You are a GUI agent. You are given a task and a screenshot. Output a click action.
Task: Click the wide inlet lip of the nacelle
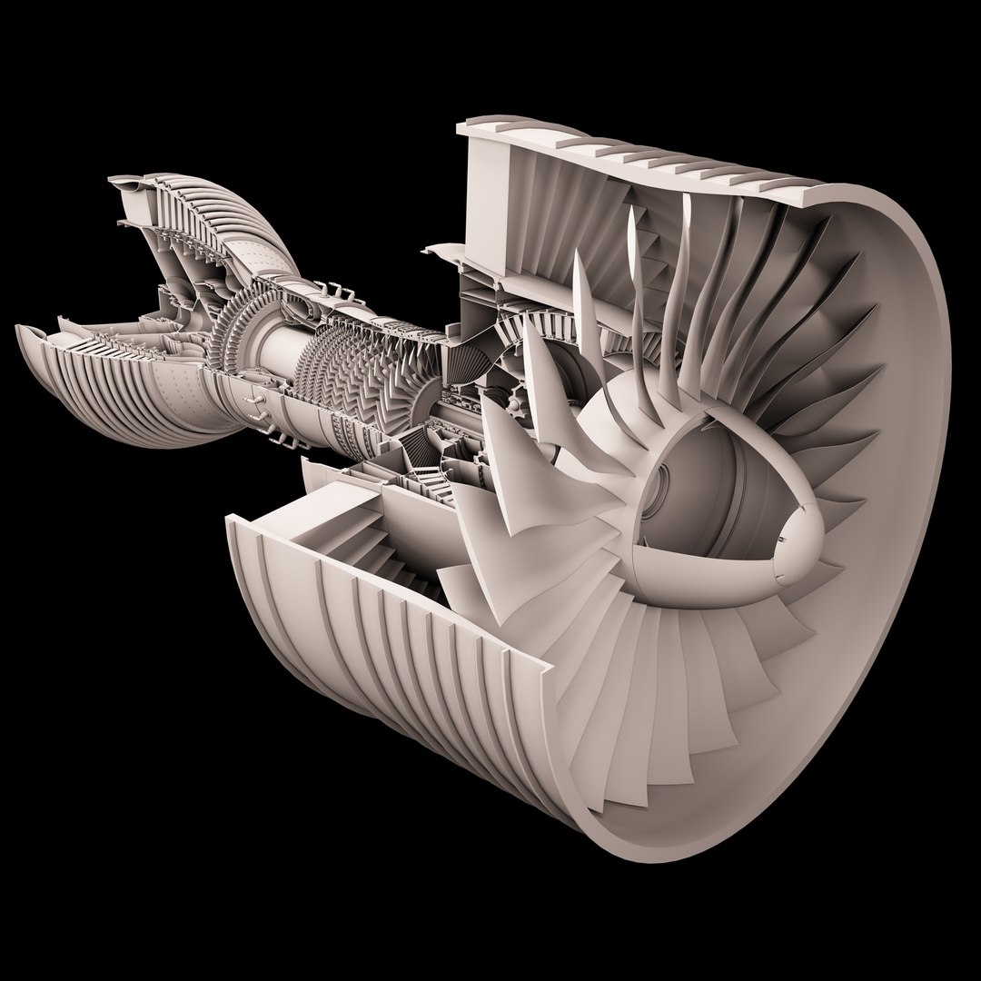click(x=899, y=454)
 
